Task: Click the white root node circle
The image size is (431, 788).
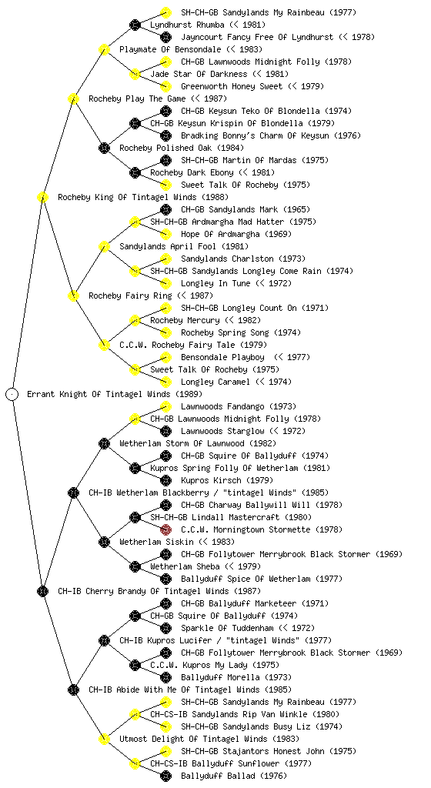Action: [12, 394]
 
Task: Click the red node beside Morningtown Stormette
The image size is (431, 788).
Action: [165, 529]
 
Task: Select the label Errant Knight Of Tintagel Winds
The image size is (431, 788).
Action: [99, 394]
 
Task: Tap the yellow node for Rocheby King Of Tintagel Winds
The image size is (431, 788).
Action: [42, 197]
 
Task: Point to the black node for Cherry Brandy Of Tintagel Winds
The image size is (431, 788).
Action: [42, 591]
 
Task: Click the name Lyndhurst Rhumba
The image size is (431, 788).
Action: [185, 25]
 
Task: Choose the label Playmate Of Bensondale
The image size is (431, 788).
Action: [170, 49]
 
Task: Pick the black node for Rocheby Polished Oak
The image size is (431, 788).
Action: [104, 148]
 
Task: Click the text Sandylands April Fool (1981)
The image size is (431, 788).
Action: [184, 246]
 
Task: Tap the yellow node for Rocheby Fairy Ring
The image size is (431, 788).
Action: [73, 295]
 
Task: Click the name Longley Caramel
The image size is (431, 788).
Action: [215, 382]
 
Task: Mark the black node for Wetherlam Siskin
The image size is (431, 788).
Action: [104, 542]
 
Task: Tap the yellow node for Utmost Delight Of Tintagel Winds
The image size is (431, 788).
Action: [104, 739]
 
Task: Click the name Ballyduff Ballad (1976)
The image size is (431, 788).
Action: [233, 776]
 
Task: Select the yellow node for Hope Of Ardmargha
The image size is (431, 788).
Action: [165, 234]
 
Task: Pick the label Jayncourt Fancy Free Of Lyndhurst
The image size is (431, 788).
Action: [257, 37]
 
